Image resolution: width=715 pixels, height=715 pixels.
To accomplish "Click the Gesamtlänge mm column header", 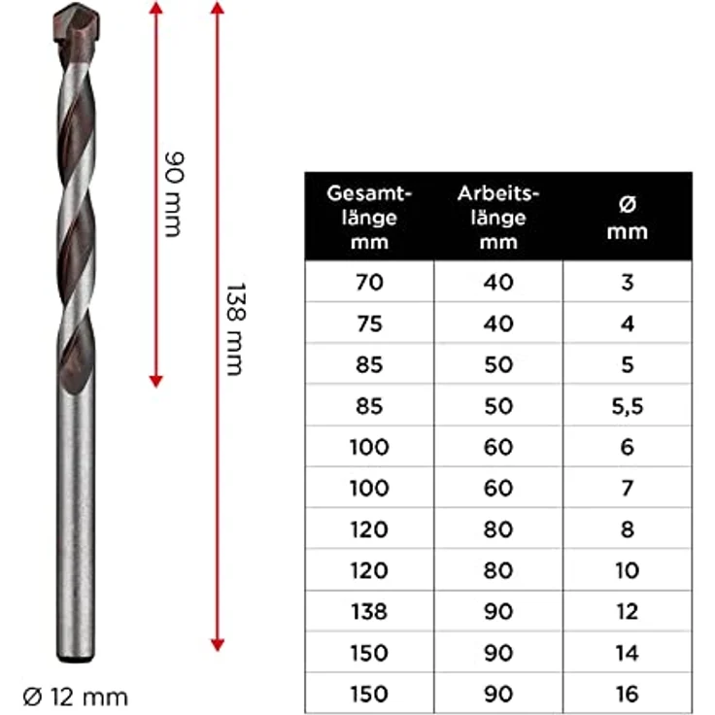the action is click(369, 217).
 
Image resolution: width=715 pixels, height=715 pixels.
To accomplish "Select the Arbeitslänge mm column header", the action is click(498, 217).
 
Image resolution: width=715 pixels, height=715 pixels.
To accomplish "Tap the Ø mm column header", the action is click(628, 218).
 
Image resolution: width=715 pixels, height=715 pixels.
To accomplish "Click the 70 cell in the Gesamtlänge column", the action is click(369, 283).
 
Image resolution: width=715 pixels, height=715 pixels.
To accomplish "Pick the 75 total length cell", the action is click(369, 323).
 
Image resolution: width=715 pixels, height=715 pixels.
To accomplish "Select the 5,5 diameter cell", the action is click(628, 406).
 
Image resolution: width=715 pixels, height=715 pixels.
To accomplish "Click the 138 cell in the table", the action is click(369, 612).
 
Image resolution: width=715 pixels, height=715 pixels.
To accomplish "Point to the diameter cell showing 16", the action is click(628, 694).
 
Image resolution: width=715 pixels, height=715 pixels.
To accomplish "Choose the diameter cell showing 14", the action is click(628, 653).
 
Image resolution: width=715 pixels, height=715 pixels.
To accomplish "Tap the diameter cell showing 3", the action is click(628, 283).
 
